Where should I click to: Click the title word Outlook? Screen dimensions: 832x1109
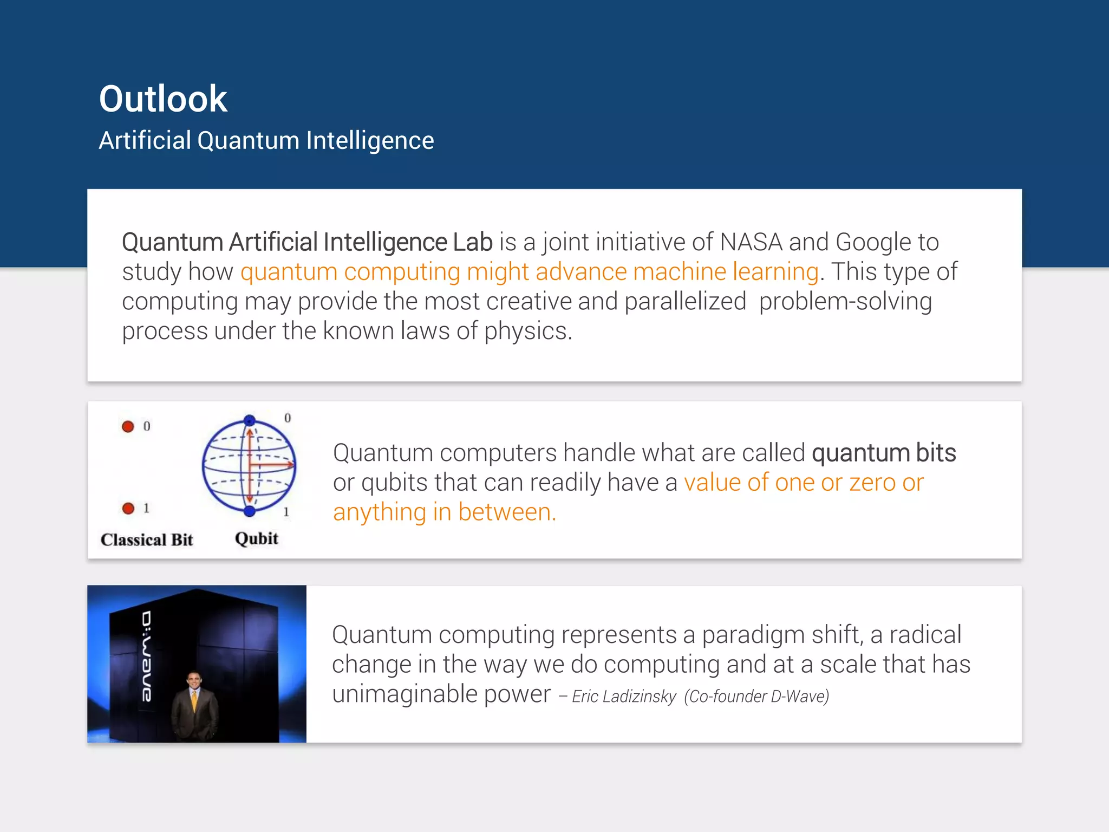coord(163,99)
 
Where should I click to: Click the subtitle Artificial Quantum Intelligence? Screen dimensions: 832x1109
coord(266,141)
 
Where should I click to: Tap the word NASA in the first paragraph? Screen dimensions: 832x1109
coord(751,242)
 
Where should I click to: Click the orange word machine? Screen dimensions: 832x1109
coord(680,272)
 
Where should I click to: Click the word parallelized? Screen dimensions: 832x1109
coord(685,302)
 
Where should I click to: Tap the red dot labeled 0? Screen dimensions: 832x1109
coord(128,427)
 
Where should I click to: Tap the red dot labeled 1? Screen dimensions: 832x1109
coord(128,509)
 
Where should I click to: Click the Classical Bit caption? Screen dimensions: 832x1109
coord(147,540)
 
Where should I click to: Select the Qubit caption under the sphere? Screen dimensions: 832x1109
coord(257,539)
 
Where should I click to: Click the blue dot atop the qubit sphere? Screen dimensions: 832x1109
coord(250,420)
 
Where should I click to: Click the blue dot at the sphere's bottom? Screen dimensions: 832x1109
coord(250,511)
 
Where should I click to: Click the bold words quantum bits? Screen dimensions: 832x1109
coord(884,453)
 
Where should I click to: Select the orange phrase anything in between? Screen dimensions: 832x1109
coord(444,512)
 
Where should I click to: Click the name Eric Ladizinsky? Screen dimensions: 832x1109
coord(624,697)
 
